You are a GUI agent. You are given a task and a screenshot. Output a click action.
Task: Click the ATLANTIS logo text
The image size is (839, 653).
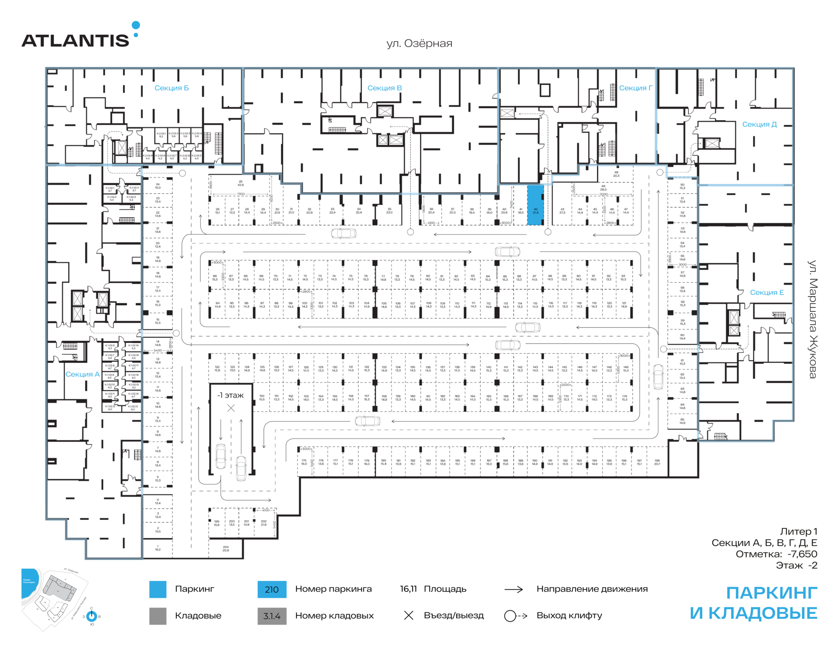point(75,40)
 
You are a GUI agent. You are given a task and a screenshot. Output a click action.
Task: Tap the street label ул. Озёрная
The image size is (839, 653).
point(419,43)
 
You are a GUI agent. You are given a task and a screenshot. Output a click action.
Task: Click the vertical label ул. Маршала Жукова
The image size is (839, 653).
point(812,319)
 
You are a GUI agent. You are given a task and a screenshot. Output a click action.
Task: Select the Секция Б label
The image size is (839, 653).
point(171,88)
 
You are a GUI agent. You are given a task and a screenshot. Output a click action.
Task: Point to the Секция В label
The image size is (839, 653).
point(385,88)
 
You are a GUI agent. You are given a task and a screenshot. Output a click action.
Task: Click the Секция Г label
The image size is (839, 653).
point(635,88)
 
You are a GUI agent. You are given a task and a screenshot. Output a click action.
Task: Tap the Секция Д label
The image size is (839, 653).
point(759,124)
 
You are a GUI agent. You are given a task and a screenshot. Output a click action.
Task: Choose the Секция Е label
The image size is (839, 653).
point(767,292)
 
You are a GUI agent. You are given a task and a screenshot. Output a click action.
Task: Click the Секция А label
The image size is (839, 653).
point(83,374)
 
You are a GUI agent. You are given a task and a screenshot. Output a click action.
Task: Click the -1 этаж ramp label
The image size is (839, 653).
point(231,395)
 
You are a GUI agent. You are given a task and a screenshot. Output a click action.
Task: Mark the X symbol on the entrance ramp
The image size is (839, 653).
point(231,408)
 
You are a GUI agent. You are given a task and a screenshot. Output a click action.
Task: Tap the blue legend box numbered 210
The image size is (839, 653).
point(272,589)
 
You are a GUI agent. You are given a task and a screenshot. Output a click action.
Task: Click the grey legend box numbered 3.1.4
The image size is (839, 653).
point(272,616)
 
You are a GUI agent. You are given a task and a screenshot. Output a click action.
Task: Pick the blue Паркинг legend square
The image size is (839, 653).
point(158,589)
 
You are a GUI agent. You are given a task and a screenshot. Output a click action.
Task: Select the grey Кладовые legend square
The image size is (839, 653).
point(158,616)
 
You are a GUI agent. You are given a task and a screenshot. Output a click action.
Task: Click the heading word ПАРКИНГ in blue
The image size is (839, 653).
point(771,593)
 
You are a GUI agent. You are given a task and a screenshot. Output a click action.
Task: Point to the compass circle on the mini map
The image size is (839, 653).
point(92,616)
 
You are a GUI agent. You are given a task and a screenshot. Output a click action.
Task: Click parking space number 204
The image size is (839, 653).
point(225,549)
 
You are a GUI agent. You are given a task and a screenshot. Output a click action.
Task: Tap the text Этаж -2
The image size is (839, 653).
point(796,565)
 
